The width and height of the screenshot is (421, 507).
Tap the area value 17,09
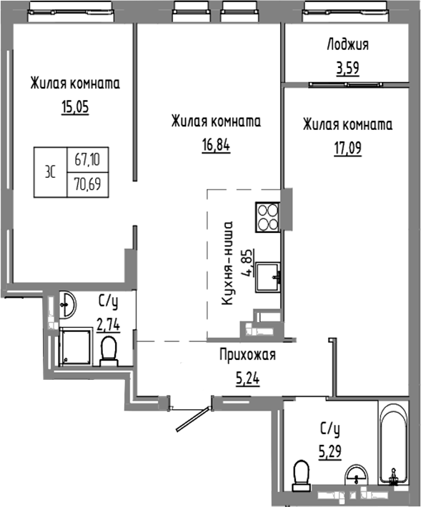(347, 152)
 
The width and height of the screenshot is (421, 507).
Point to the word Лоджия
(347, 45)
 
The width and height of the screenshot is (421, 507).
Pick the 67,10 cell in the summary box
(84, 161)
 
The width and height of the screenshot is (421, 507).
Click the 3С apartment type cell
(51, 173)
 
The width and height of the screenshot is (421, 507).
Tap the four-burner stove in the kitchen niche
(267, 218)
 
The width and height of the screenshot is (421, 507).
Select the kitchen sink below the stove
(269, 274)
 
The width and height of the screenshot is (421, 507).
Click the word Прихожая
(247, 354)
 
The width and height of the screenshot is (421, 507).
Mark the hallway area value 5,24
(246, 378)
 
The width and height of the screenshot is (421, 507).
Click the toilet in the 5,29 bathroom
(302, 473)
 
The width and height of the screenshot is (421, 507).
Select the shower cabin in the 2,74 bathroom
(75, 347)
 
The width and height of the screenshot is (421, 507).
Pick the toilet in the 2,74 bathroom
(109, 351)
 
